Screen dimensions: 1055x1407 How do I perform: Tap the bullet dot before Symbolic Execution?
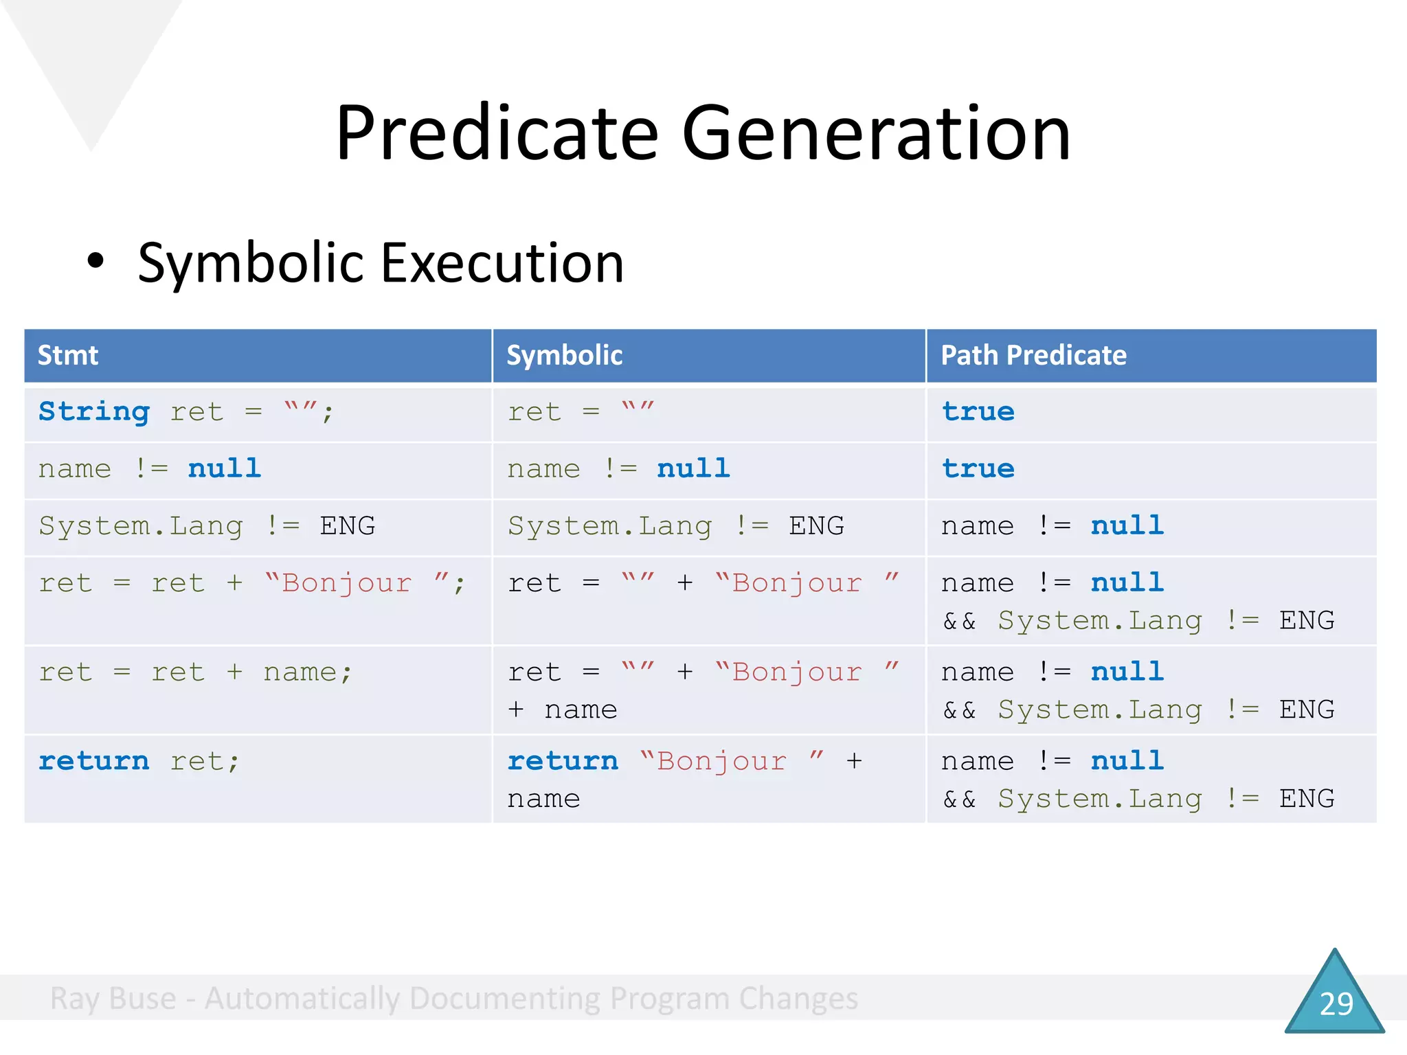point(95,261)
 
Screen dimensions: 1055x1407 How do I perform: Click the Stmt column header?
point(67,356)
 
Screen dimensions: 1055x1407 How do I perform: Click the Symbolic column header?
point(564,356)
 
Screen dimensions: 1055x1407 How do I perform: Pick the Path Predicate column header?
point(1033,356)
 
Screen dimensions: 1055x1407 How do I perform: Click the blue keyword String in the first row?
point(94,412)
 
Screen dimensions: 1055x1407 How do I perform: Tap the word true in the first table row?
point(978,412)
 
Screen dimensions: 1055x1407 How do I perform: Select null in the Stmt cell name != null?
point(225,468)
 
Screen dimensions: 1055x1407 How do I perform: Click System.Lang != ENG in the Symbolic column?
point(675,526)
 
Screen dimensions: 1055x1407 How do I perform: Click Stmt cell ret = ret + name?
point(195,672)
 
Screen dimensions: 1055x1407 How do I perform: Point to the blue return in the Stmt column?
point(94,761)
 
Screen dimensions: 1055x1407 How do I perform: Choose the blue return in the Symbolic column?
point(563,761)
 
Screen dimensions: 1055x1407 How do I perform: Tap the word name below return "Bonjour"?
point(543,799)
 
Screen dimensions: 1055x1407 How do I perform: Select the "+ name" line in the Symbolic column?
point(562,710)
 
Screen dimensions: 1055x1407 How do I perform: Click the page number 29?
point(1336,1003)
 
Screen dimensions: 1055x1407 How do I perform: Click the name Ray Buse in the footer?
point(113,999)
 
